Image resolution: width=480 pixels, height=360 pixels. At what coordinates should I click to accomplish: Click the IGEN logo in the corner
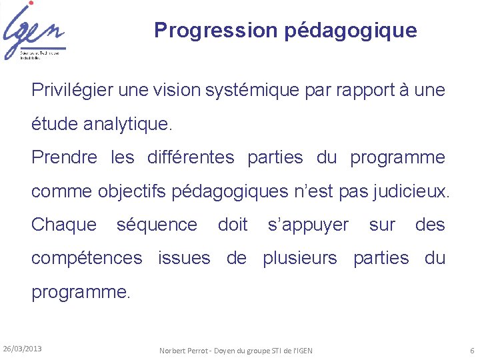pyautogui.click(x=33, y=31)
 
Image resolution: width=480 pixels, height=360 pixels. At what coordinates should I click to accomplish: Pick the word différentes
pyautogui.click(x=191, y=157)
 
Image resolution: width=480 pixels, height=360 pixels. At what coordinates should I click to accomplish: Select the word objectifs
pyautogui.click(x=136, y=191)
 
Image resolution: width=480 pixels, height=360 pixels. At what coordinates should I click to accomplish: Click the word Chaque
pyautogui.click(x=64, y=225)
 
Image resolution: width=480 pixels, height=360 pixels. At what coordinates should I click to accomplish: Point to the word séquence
pyautogui.click(x=157, y=225)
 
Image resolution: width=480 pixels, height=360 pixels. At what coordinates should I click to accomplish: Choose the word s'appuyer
pyautogui.click(x=307, y=225)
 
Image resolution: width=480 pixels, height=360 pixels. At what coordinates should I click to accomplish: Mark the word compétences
pyautogui.click(x=87, y=258)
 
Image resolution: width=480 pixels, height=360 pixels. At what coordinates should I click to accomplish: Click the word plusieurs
pyautogui.click(x=300, y=258)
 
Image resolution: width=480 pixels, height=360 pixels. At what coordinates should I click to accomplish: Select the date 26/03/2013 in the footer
pyautogui.click(x=22, y=349)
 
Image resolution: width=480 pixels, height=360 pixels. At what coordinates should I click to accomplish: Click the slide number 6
pyautogui.click(x=471, y=350)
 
